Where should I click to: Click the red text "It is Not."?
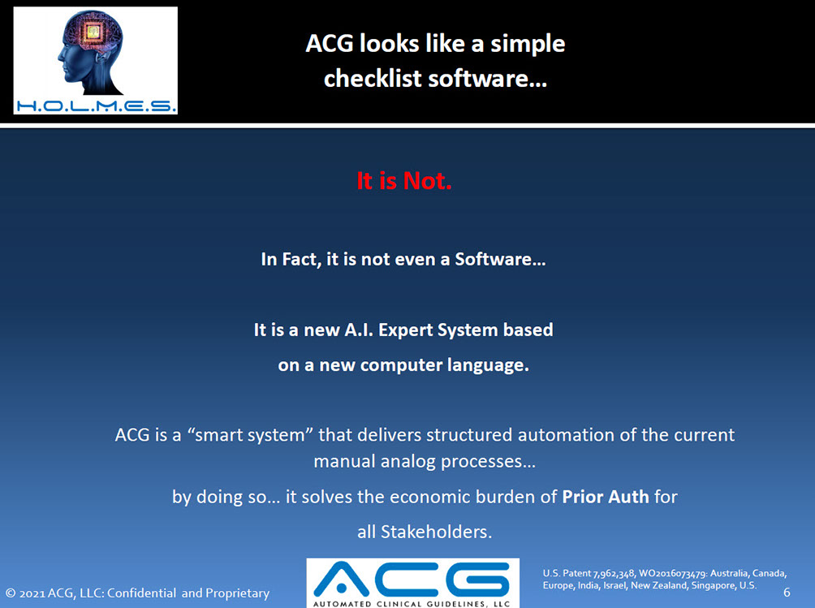pyautogui.click(x=404, y=181)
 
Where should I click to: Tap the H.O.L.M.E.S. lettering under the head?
pyautogui.click(x=96, y=106)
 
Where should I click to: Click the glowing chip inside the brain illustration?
pyautogui.click(x=93, y=32)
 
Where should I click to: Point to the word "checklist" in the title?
pyautogui.click(x=373, y=79)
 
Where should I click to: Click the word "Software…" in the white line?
pyautogui.click(x=500, y=259)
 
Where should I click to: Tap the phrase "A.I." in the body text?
pyautogui.click(x=359, y=330)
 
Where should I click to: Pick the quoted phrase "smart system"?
pyautogui.click(x=249, y=435)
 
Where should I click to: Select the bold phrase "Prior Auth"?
pyautogui.click(x=606, y=497)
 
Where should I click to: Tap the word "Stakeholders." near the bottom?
pyautogui.click(x=436, y=532)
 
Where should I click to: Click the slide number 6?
pyautogui.click(x=787, y=593)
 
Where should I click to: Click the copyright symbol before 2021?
pyautogui.click(x=11, y=593)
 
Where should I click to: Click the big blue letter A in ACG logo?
pyautogui.click(x=341, y=579)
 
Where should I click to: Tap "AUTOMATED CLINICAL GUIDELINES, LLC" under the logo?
pyautogui.click(x=412, y=604)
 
